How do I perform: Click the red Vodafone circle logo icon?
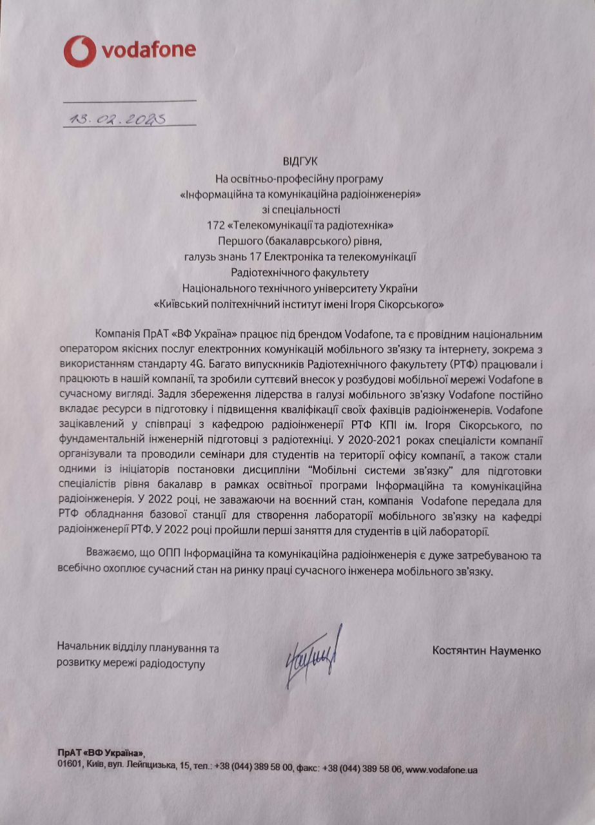(x=79, y=51)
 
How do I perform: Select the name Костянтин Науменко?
(x=487, y=650)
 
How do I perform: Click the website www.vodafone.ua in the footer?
(x=442, y=769)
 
